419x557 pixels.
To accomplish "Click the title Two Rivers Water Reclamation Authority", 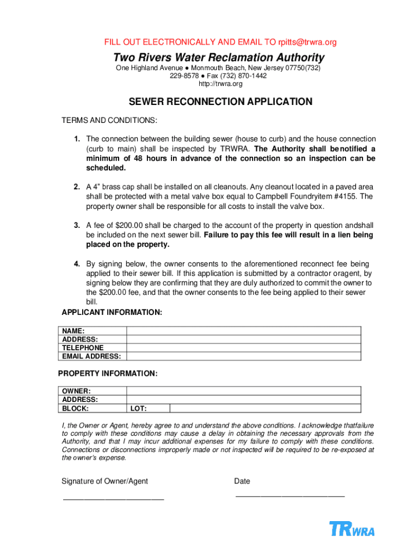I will pos(219,58).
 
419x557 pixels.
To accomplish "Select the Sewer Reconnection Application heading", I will pos(220,102).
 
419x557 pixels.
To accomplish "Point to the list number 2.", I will pos(77,187).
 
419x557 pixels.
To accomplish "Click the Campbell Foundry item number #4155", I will pos(343,197).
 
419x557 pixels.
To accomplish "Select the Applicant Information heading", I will pos(112,312).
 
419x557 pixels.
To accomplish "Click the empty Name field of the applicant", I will pos(243,331).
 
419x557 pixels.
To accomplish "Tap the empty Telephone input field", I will pos(243,348).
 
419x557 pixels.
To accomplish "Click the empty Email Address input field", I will pos(243,356).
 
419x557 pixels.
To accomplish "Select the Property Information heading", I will pos(108,374).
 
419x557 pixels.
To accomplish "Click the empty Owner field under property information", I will pos(243,391).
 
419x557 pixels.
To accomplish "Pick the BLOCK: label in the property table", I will pos(75,409).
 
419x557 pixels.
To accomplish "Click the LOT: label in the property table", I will pos(139,409).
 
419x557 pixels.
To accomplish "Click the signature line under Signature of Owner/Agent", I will pos(113,498).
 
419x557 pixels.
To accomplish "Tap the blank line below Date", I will pos(289,496).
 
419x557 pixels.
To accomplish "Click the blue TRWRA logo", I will pos(352,529).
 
